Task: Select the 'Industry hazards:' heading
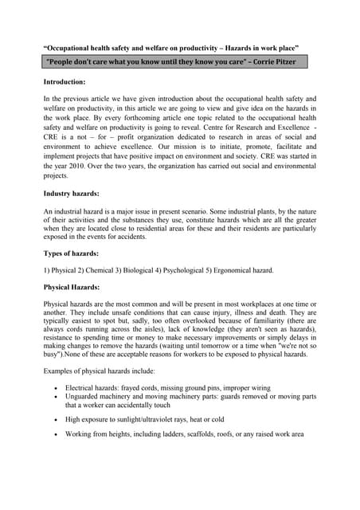coord(75,194)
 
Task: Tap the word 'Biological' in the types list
coord(121,270)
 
